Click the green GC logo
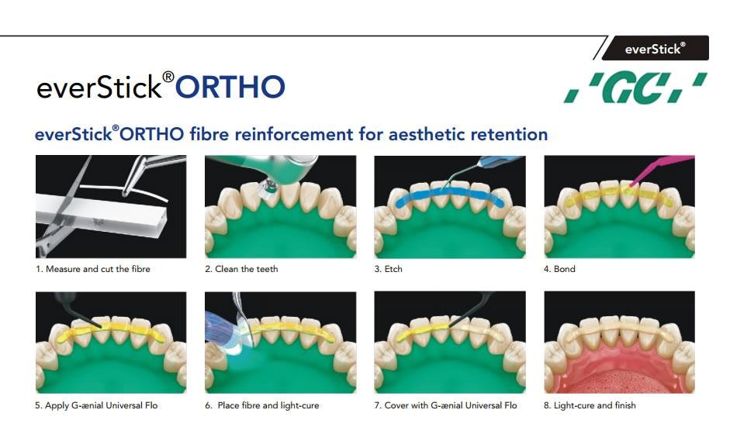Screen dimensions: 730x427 [x=635, y=88]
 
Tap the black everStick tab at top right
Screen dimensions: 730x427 [x=655, y=48]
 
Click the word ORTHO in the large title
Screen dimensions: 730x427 [x=230, y=87]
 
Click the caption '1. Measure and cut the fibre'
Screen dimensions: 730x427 [x=93, y=269]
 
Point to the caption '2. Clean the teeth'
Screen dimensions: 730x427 [x=241, y=269]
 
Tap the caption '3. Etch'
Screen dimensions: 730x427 [x=389, y=269]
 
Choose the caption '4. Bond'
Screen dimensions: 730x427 [x=559, y=269]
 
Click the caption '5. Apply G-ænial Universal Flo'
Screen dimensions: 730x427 [x=96, y=405]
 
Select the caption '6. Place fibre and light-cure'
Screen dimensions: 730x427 [x=262, y=405]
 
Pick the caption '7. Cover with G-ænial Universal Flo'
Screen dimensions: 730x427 [x=445, y=405]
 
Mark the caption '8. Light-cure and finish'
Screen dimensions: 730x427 [x=590, y=405]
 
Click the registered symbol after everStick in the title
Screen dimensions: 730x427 [x=168, y=77]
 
